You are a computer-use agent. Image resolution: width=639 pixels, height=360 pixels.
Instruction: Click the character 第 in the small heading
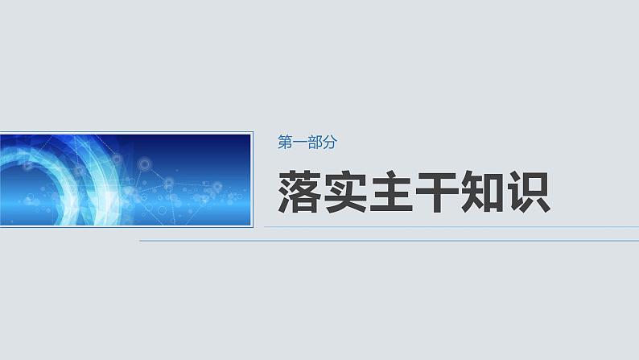pos(284,143)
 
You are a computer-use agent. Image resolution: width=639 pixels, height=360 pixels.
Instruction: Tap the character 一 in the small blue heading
pos(299,143)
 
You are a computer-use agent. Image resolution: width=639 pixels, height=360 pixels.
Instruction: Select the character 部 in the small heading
pos(313,143)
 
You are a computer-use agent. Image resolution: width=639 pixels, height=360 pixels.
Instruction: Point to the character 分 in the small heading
pos(328,143)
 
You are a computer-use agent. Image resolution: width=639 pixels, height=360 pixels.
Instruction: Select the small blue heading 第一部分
pos(306,143)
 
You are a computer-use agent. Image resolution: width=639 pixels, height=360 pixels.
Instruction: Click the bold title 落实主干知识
pos(415,191)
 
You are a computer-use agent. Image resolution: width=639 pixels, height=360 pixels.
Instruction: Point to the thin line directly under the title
pos(451,227)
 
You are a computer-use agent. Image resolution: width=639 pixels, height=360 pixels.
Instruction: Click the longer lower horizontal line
pos(386,240)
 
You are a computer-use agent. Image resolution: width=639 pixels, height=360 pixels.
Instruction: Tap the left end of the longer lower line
pos(141,240)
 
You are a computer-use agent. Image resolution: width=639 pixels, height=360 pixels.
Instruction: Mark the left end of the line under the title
pos(266,227)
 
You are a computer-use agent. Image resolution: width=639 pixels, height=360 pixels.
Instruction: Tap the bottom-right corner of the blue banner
pos(252,226)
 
